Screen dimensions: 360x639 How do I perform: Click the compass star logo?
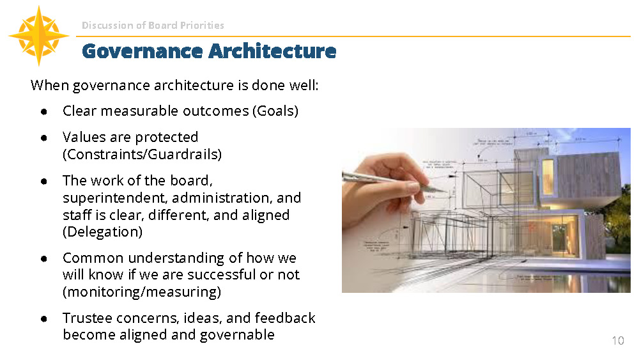point(38,36)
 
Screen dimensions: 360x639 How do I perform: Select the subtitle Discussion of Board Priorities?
point(153,26)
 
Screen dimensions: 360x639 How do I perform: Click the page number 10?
point(617,340)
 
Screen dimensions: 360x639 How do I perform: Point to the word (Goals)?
point(275,111)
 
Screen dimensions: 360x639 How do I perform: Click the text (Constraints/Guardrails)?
point(142,154)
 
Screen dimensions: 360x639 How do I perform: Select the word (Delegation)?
point(102,231)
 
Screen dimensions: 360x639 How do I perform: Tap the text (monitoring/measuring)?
point(142,292)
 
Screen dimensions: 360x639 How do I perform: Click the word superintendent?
point(114,198)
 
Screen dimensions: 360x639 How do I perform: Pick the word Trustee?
point(86,318)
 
